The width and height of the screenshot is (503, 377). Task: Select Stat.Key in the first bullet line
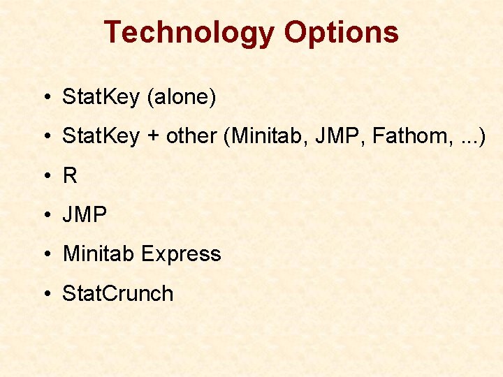(101, 98)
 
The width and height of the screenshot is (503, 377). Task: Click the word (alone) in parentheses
(181, 98)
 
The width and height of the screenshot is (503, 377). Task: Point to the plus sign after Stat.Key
(152, 137)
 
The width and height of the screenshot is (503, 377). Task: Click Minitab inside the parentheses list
(268, 137)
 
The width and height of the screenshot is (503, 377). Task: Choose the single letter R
(70, 176)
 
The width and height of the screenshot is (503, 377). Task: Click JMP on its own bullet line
(85, 215)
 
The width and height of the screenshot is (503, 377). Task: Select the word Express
(181, 254)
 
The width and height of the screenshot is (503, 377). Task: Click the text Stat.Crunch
(117, 293)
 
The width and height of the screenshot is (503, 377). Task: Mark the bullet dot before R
(45, 176)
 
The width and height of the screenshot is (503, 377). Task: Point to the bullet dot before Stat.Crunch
(45, 293)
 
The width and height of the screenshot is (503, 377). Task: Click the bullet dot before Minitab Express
(45, 254)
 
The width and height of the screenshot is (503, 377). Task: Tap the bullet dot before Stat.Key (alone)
(45, 98)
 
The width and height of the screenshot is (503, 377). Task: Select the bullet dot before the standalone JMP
(45, 215)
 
